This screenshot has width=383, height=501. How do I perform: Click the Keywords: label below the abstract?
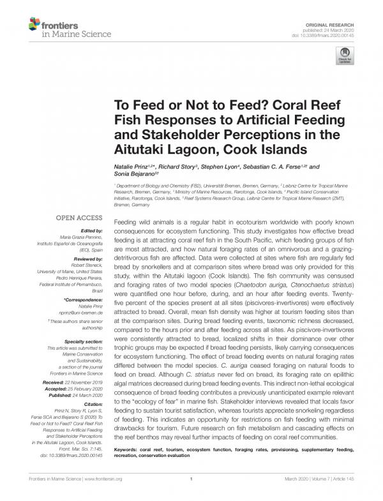pos(128,450)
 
